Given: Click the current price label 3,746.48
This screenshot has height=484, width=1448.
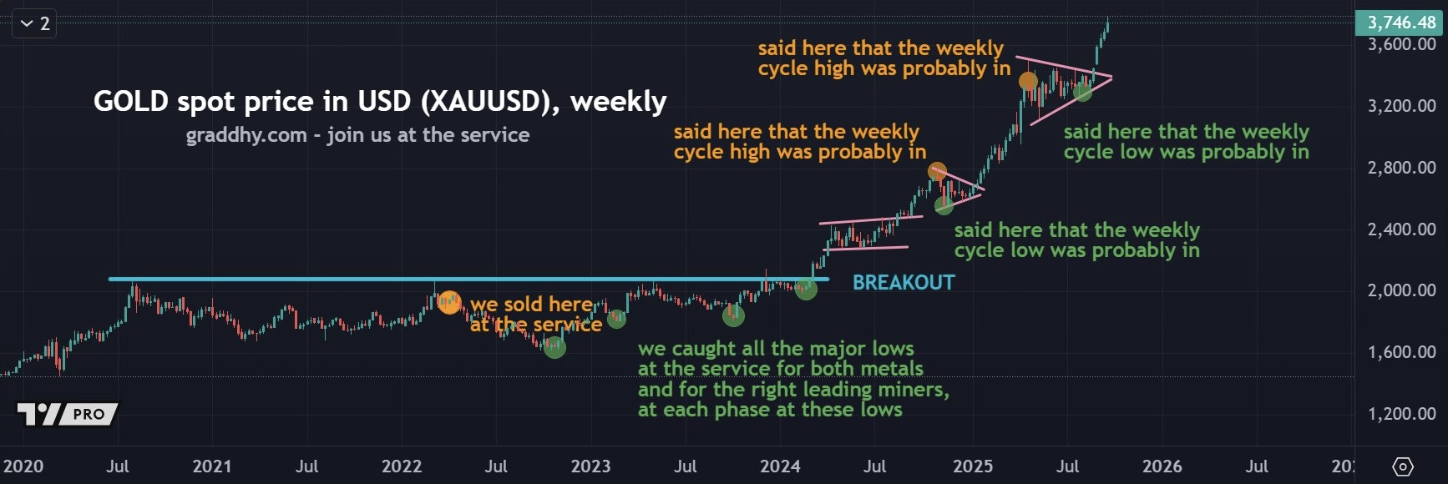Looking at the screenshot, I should pyautogui.click(x=1400, y=23).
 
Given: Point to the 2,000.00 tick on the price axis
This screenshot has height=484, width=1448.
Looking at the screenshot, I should pyautogui.click(x=1401, y=290).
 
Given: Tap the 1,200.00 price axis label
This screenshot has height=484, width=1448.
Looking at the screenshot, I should pyautogui.click(x=1401, y=414).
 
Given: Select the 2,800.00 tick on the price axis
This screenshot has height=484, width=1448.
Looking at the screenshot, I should pyautogui.click(x=1401, y=168).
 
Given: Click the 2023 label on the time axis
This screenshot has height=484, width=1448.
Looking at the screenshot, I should pyautogui.click(x=590, y=466).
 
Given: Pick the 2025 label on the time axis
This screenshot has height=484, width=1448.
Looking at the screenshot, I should pyautogui.click(x=973, y=466).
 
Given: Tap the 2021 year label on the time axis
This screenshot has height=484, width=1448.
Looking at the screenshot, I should pyautogui.click(x=212, y=466).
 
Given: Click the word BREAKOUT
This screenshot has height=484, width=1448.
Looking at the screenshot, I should pyautogui.click(x=904, y=283).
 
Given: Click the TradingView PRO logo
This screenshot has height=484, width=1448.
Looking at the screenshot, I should pyautogui.click(x=67, y=414).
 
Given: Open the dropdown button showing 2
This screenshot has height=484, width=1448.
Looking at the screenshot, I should pyautogui.click(x=34, y=23).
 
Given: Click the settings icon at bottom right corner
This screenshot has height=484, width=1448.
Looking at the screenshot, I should pyautogui.click(x=1403, y=466).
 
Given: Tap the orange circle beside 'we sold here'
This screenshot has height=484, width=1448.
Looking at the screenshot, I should pyautogui.click(x=449, y=302).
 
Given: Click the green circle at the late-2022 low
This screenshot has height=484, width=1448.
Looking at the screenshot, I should pyautogui.click(x=554, y=347).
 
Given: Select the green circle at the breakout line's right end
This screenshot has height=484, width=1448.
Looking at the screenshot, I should pyautogui.click(x=806, y=290).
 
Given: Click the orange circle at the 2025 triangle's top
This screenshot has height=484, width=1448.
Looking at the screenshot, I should pyautogui.click(x=1028, y=81).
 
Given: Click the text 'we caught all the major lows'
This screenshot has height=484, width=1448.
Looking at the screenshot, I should pyautogui.click(x=776, y=349).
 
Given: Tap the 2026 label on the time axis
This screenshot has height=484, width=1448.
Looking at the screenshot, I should pyautogui.click(x=1162, y=466).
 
